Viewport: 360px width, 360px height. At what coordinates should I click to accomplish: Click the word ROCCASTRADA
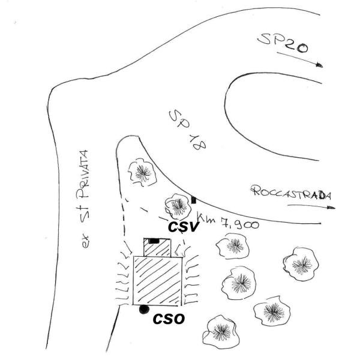[x=292, y=193]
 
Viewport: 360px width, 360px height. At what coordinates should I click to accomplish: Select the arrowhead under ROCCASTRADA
[x=332, y=208]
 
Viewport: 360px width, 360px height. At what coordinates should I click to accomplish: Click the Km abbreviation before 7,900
[x=207, y=219]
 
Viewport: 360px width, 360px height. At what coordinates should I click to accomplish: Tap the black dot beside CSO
[x=143, y=310]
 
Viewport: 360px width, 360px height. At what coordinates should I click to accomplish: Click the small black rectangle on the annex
[x=154, y=241]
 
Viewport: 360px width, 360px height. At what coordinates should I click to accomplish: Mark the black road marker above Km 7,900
[x=193, y=200]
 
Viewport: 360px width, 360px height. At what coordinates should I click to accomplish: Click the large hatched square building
[x=157, y=280]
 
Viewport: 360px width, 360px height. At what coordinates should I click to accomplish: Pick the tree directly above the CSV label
[x=178, y=206]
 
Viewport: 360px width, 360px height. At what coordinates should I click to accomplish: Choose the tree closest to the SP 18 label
[x=143, y=172]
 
